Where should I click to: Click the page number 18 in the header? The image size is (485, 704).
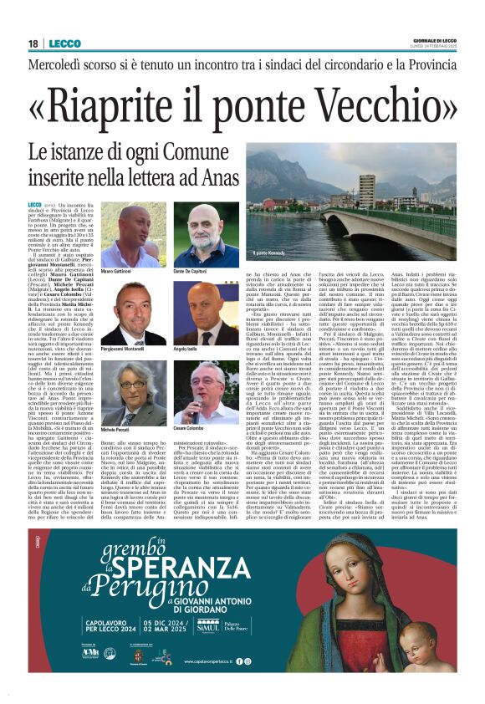33,43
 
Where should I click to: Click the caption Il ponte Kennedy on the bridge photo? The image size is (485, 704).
270,252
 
